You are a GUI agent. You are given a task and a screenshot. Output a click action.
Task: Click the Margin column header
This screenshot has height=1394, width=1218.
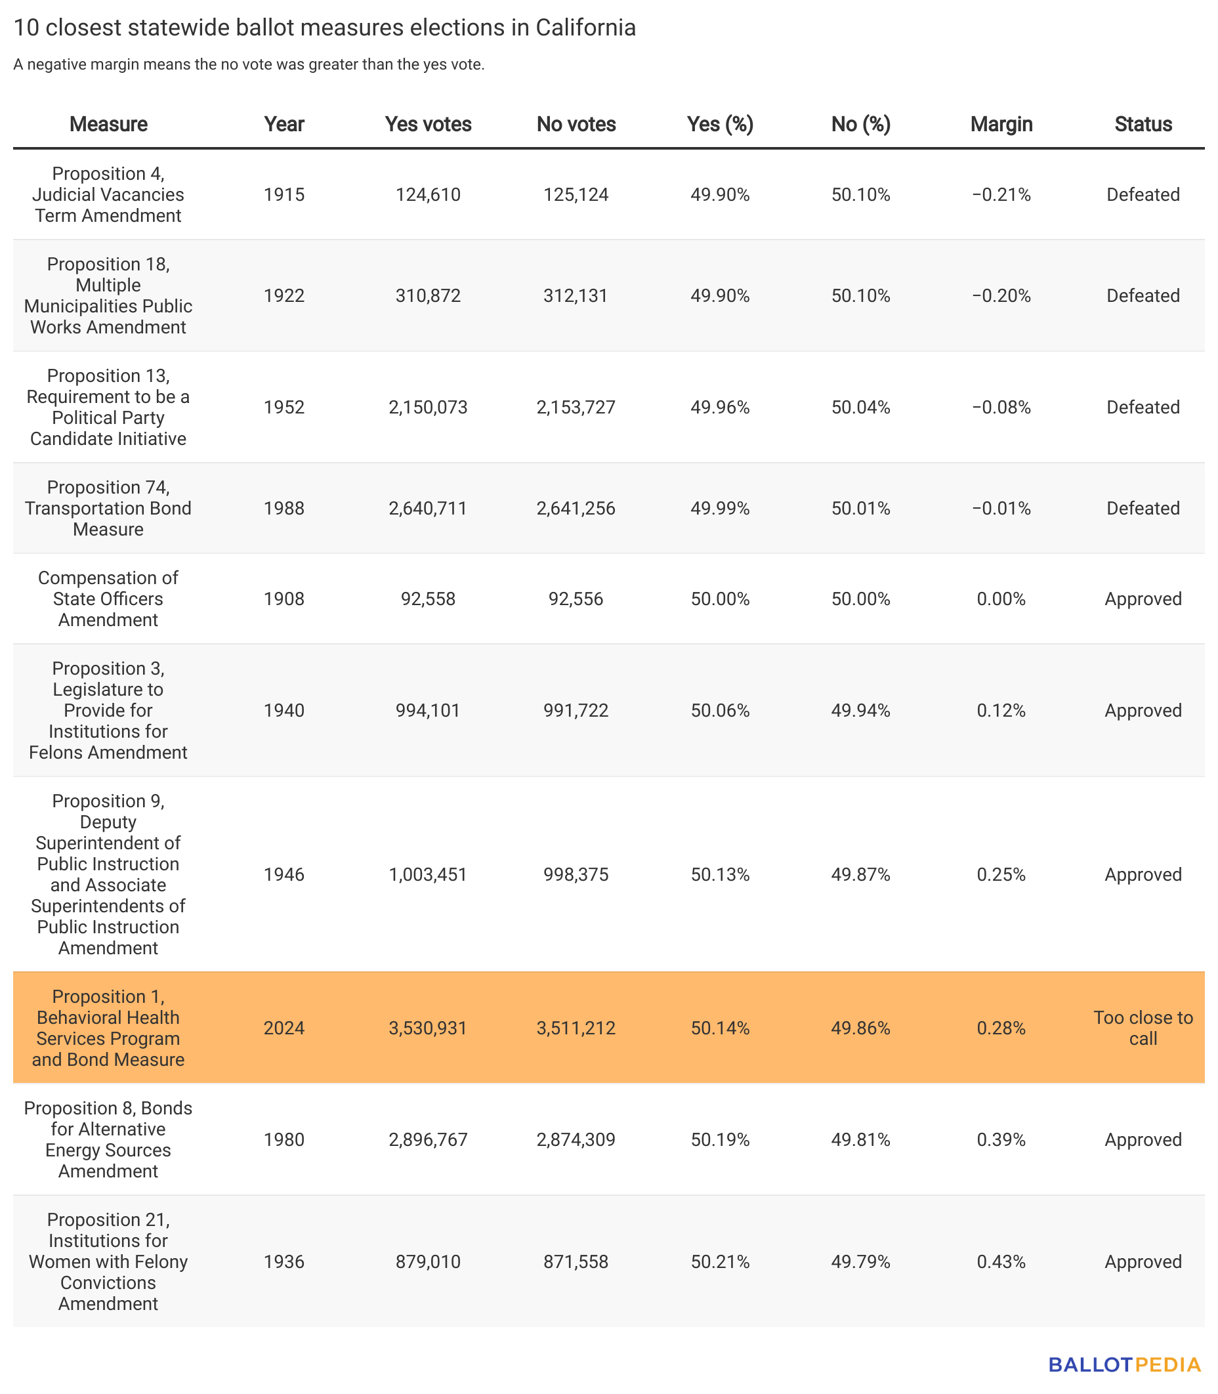[x=1001, y=125]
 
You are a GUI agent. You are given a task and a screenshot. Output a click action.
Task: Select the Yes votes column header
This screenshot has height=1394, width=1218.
[x=428, y=125]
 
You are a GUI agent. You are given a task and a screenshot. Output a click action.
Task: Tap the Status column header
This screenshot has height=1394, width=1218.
[x=1143, y=125]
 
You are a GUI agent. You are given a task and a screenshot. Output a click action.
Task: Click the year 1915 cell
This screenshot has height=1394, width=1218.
[x=284, y=195]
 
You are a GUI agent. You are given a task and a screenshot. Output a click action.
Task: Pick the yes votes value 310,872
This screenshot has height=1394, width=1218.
[x=428, y=295]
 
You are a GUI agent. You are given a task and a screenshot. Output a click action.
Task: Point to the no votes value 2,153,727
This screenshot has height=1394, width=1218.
[x=576, y=407]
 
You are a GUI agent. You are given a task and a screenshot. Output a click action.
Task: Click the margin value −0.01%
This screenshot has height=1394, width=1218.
[x=1001, y=509]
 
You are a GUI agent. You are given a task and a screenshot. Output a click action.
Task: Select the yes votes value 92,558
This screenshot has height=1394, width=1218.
[x=428, y=599]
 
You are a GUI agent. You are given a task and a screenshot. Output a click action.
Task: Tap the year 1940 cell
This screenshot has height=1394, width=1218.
[x=284, y=710]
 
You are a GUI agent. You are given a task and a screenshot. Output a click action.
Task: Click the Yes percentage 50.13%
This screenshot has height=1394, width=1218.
[x=721, y=875]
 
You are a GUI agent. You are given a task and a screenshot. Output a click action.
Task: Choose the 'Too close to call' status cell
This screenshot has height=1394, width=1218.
[x=1143, y=1028]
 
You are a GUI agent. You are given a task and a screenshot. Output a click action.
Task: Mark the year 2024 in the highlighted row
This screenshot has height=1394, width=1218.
[x=284, y=1028]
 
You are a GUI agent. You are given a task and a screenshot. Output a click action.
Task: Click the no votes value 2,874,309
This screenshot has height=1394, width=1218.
[x=576, y=1140]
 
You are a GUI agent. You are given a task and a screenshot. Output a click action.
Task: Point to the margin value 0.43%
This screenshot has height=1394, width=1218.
[x=1001, y=1262]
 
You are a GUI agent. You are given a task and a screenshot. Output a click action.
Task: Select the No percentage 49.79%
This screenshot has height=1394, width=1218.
[x=860, y=1262]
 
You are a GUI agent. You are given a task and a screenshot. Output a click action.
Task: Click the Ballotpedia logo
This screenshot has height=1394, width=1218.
[x=1125, y=1364]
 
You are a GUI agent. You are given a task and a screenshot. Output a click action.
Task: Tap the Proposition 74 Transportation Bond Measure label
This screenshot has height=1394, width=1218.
[x=108, y=509]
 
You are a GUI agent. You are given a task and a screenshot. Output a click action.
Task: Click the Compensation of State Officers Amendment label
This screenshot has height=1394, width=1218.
[x=108, y=599]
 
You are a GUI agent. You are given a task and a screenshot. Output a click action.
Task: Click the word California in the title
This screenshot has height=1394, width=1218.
[x=586, y=28]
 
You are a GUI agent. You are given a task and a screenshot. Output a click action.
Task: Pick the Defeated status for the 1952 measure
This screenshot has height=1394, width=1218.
[x=1143, y=407]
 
